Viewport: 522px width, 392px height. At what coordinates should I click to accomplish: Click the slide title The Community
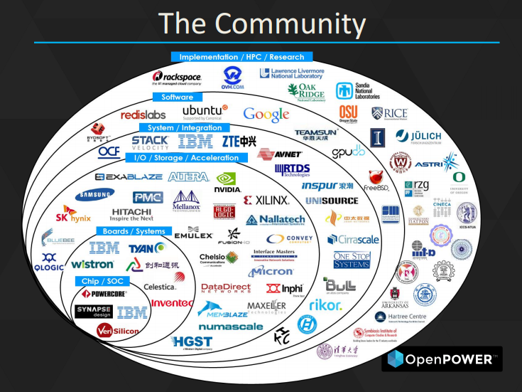(261, 23)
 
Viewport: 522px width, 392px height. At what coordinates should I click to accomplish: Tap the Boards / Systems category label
(133, 231)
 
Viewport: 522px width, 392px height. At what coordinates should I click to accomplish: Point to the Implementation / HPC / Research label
(241, 57)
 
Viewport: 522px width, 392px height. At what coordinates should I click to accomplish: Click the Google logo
(266, 114)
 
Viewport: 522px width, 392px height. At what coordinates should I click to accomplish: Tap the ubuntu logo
(205, 112)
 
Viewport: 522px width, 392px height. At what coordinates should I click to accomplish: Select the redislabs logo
(143, 115)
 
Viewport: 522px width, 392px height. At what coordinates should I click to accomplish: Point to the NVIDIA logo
(228, 183)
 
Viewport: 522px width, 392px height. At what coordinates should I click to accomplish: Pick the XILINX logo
(266, 201)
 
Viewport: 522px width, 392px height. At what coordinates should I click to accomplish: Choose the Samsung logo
(94, 194)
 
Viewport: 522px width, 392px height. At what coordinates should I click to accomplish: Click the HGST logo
(192, 342)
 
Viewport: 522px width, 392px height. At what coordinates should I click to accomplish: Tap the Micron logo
(271, 271)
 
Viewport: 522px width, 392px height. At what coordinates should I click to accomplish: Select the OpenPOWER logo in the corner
(441, 359)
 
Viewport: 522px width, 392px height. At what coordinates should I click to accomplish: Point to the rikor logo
(325, 305)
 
